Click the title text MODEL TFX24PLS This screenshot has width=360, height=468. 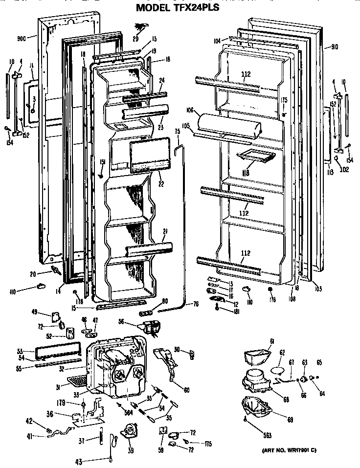point(178,8)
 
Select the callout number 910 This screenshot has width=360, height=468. point(334,47)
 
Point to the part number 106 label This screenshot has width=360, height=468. point(190,110)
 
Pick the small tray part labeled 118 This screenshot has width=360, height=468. point(252,156)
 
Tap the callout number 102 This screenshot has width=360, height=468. point(344,170)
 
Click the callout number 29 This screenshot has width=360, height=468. point(135,38)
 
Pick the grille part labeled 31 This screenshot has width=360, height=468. point(76,379)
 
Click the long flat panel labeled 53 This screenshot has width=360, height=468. point(57,354)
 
